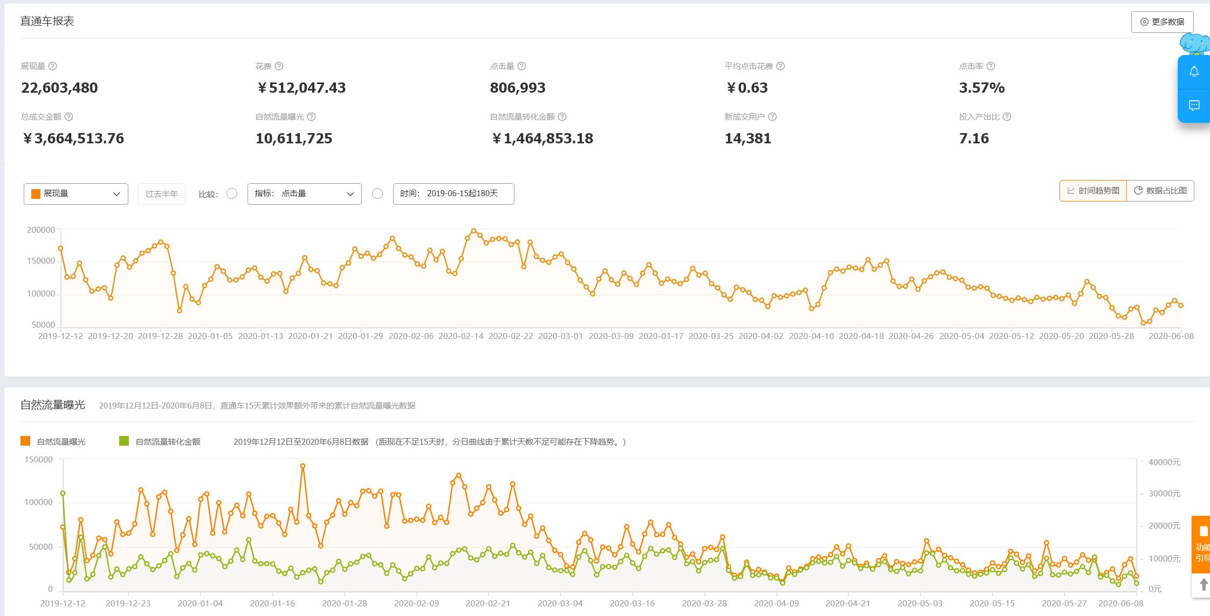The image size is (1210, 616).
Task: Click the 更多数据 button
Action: point(1162,22)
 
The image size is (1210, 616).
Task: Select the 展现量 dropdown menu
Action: point(76,194)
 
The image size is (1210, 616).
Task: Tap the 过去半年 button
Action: point(161,194)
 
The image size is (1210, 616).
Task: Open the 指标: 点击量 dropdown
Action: point(304,194)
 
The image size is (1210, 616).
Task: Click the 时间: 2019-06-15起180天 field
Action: point(453,194)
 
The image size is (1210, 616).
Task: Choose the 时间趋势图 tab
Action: point(1093,191)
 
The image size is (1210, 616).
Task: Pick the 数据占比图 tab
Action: point(1160,191)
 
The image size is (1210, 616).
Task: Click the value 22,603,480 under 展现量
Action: point(59,88)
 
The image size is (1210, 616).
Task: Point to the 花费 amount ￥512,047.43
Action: point(301,88)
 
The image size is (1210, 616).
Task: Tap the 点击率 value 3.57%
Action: point(981,88)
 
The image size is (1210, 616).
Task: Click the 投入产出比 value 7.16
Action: point(974,139)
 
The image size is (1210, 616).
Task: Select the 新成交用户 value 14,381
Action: point(748,139)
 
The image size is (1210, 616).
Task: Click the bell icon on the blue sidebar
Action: point(1194,72)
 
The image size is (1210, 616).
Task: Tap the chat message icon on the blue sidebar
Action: point(1194,106)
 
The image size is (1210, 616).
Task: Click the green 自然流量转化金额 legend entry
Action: point(161,442)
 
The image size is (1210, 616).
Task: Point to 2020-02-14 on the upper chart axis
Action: point(460,336)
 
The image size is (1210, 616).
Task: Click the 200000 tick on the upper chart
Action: point(41,230)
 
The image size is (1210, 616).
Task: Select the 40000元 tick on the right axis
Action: point(1164,462)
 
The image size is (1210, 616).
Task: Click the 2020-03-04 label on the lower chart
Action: point(560,604)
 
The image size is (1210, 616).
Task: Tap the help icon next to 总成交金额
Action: point(68,117)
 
